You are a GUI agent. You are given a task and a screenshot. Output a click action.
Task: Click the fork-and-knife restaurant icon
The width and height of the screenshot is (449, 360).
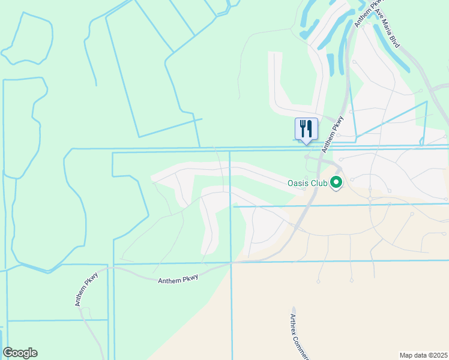tap(306, 129)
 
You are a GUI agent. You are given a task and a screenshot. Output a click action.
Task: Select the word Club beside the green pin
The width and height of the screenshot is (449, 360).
tap(318, 182)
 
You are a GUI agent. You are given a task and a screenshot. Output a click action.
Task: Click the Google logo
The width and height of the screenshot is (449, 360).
tap(20, 353)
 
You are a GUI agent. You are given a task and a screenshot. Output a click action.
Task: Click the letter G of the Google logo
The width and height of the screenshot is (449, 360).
tap(8, 353)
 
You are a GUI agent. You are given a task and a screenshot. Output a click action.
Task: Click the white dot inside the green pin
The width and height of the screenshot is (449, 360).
tap(336, 182)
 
